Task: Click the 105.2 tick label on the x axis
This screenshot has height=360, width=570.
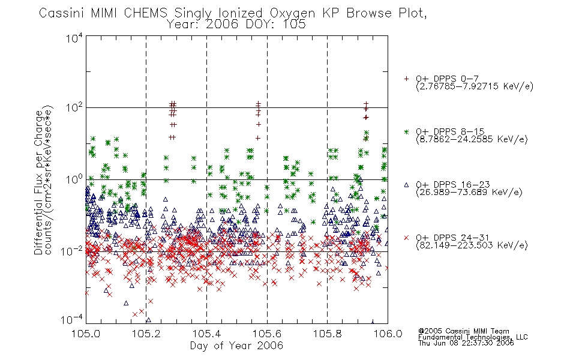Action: (146, 334)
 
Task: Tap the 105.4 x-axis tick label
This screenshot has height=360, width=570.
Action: (207, 334)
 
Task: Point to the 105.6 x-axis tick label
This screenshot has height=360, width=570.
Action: (267, 334)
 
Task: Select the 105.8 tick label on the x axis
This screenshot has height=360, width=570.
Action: (328, 334)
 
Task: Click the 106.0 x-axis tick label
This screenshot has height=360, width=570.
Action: (388, 334)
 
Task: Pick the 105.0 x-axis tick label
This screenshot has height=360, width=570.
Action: (86, 334)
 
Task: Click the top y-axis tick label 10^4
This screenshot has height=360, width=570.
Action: (74, 38)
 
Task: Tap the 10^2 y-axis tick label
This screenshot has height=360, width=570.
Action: (74, 108)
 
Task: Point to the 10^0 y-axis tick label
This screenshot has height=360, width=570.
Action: (74, 179)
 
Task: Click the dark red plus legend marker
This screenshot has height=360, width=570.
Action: (406, 79)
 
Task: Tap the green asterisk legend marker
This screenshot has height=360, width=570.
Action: (406, 131)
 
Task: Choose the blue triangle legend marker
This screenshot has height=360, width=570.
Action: (406, 185)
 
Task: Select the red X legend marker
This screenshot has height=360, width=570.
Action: (406, 238)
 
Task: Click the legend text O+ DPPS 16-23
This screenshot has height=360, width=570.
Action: (453, 185)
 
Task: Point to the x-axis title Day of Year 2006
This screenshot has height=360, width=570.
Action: (236, 346)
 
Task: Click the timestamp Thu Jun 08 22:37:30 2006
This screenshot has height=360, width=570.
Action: (466, 343)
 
